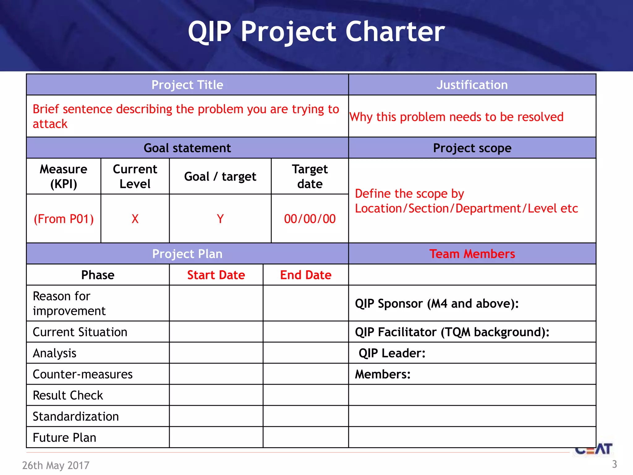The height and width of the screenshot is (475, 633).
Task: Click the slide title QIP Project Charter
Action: (x=316, y=32)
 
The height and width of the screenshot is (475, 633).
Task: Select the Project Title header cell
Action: (x=187, y=85)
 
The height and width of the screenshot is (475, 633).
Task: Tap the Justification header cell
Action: (x=472, y=85)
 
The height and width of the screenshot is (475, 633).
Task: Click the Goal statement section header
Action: (x=187, y=148)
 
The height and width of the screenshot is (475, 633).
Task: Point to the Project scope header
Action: (x=472, y=148)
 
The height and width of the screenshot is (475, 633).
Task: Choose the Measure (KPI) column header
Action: (x=64, y=177)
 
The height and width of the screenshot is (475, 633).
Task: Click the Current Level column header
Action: (x=135, y=177)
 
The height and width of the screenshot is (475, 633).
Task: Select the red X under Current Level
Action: (x=135, y=219)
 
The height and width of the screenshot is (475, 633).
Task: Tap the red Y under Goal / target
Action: (x=220, y=219)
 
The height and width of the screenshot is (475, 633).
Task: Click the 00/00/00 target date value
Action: (x=310, y=219)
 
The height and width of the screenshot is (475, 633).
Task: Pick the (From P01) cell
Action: (x=64, y=219)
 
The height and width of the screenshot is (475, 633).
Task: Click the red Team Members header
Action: (x=472, y=254)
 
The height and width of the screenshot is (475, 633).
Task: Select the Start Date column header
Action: (x=216, y=275)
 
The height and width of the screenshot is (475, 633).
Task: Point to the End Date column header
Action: (x=306, y=275)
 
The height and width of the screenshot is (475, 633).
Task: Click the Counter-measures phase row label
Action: (x=83, y=374)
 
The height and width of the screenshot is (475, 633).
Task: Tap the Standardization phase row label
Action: (x=76, y=417)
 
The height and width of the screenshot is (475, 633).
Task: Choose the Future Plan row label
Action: (x=65, y=438)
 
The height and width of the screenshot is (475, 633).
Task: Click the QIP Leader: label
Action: (x=392, y=353)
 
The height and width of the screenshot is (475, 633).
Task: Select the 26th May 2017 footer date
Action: (x=56, y=465)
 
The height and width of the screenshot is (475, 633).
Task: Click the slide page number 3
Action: (x=614, y=464)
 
